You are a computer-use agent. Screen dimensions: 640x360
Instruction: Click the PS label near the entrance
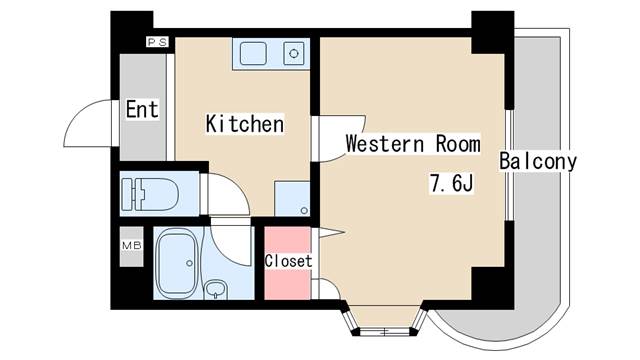[x=157, y=42]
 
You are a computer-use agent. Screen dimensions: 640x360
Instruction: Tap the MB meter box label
[x=132, y=246]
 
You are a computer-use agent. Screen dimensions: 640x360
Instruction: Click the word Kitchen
[x=244, y=124]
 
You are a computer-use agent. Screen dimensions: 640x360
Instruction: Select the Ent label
[x=142, y=109]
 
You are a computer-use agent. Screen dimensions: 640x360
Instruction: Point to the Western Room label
[x=413, y=144]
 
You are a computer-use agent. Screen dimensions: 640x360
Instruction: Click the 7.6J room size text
[x=451, y=183]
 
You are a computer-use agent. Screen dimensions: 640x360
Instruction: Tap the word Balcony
[x=538, y=161]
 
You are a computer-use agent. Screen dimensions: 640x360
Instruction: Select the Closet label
[x=288, y=261]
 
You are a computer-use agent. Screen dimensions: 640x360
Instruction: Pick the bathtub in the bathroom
[x=178, y=263]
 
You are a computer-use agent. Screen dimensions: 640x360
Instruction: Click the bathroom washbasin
[x=216, y=289]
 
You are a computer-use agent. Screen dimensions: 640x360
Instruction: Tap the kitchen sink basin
[x=253, y=54]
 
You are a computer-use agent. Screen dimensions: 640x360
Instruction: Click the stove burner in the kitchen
[x=294, y=53]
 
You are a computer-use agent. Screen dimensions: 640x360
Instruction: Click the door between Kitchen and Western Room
[x=339, y=138]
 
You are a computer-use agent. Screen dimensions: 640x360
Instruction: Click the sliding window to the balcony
[x=509, y=165]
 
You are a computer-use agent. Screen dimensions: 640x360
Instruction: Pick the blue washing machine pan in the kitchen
[x=292, y=199]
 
